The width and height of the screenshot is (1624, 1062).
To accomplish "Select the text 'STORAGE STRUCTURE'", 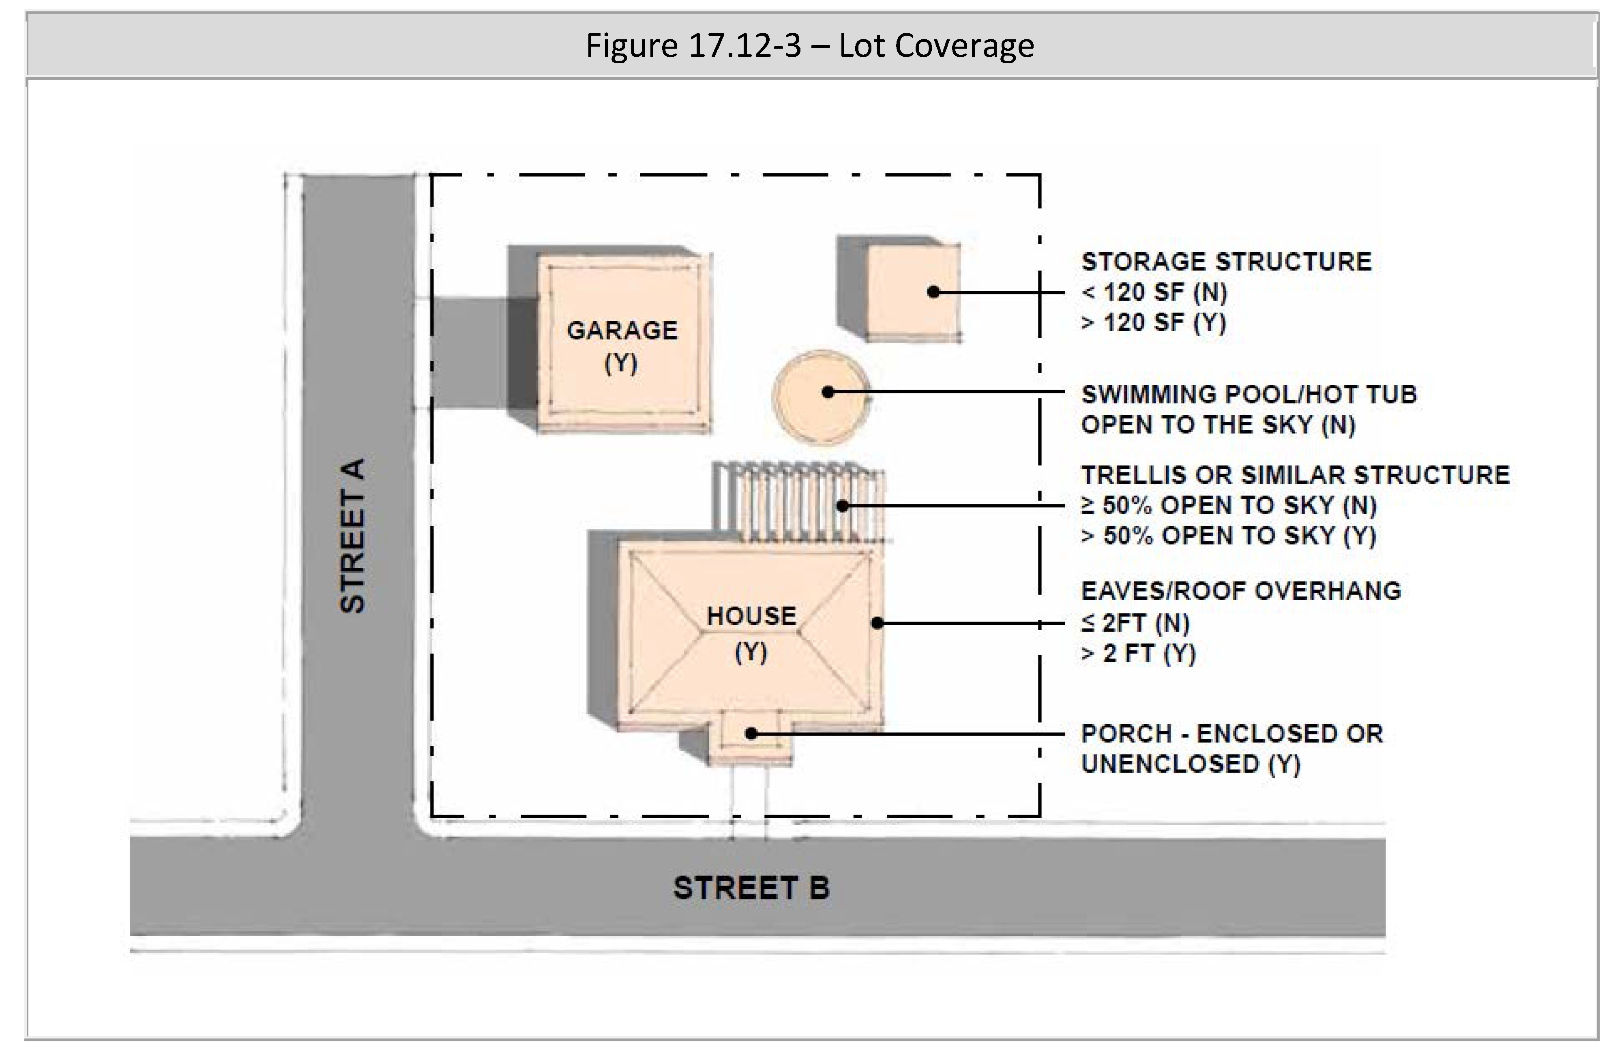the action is pos(1226,262).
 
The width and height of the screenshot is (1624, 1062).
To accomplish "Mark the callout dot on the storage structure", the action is pos(934,292).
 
